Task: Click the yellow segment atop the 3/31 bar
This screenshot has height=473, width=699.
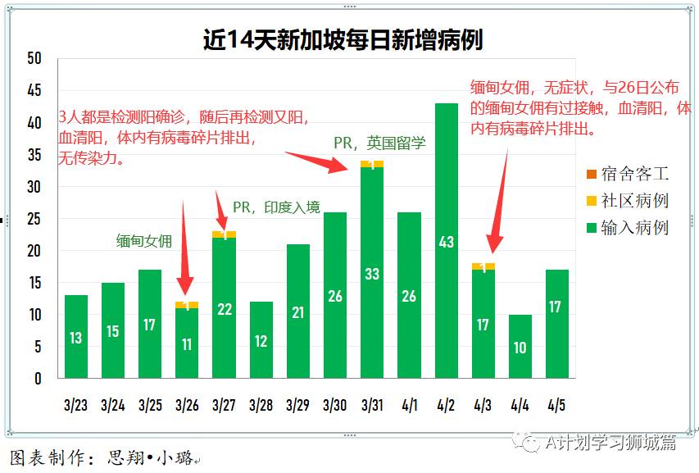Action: [372, 164]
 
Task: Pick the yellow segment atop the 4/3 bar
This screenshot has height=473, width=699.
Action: [483, 266]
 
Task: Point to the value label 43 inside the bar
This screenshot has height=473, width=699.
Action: [446, 242]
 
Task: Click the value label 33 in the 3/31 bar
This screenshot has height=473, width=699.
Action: [372, 274]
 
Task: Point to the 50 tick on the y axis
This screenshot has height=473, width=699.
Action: [34, 58]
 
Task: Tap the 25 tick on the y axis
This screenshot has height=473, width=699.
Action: [34, 219]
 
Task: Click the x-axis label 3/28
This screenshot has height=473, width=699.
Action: [261, 405]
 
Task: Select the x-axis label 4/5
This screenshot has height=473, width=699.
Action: [557, 405]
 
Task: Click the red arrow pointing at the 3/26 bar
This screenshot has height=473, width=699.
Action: [184, 246]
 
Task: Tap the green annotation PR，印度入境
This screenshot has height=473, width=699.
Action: [276, 207]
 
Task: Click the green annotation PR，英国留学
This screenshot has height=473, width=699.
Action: [379, 143]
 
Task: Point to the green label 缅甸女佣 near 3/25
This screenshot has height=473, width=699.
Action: [144, 241]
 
